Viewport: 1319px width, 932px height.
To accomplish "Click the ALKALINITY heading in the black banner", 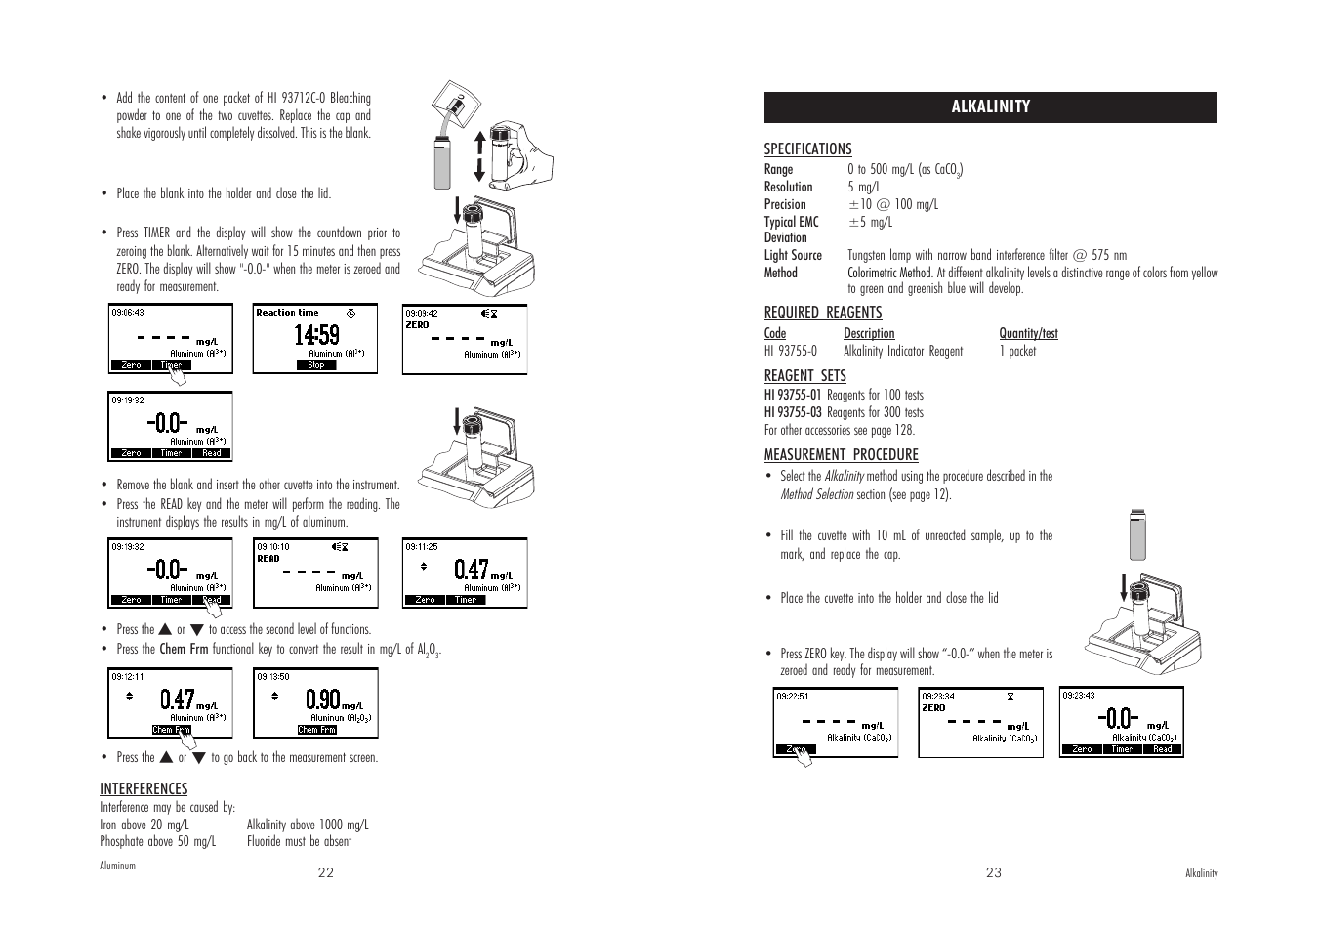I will click(x=990, y=107).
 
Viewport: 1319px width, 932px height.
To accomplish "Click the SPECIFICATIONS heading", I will click(x=807, y=149).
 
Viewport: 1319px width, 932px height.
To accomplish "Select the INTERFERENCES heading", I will click(x=144, y=789).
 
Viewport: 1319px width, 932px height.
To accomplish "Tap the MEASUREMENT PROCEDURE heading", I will click(x=841, y=455).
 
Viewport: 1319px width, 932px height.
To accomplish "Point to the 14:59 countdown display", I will click(x=316, y=336).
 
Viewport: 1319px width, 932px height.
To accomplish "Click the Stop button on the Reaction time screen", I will click(x=316, y=366).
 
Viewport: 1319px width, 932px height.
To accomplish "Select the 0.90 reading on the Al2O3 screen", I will click(x=322, y=699).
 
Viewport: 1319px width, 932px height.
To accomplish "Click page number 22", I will click(x=325, y=873).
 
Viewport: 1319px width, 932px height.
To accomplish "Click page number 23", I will click(x=993, y=873).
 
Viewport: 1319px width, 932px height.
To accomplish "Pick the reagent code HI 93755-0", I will click(x=791, y=352).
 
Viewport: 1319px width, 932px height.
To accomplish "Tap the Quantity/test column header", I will click(x=1028, y=334).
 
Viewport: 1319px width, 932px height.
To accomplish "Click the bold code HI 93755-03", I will click(x=793, y=413).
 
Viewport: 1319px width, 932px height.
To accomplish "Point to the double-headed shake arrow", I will click(x=479, y=156).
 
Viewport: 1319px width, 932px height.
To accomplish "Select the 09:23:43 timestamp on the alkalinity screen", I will click(x=1079, y=696).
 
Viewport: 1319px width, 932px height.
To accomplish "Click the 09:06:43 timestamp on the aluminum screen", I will click(x=128, y=313).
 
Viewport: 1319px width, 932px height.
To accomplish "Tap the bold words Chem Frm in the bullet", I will click(x=184, y=650).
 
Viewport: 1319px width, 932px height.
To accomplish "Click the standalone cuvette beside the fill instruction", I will click(x=1135, y=534).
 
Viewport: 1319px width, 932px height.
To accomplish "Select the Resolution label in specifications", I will click(x=788, y=188).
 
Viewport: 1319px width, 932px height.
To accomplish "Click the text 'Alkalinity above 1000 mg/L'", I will click(x=308, y=826).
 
